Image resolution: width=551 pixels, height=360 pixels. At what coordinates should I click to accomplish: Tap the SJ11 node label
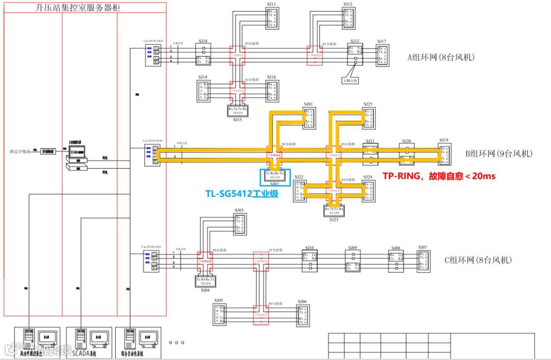[271, 4]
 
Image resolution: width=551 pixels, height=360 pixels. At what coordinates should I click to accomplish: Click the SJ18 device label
[203, 41]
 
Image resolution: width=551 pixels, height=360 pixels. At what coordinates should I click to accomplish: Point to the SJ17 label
[382, 41]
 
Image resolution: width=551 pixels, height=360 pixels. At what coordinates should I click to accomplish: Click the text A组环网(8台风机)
[441, 58]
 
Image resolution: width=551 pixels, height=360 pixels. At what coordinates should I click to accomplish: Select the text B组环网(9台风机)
[499, 153]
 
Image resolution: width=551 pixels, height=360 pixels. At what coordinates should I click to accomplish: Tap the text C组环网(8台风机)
[478, 260]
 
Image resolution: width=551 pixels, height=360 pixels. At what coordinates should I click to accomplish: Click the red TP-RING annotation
[439, 176]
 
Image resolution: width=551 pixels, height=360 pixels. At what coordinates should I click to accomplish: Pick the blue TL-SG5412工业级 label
[242, 193]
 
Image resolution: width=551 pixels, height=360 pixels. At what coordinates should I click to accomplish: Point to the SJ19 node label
[443, 140]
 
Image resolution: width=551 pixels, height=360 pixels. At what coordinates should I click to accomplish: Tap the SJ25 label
[367, 104]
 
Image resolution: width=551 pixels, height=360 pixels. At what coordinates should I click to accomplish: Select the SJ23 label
[334, 219]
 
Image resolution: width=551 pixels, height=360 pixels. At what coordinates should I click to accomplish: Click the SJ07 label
[422, 247]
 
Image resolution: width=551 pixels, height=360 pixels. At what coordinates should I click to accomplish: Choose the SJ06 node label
[303, 301]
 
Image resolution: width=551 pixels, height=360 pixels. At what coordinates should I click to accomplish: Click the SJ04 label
[205, 290]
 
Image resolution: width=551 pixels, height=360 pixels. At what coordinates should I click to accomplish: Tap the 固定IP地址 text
[21, 151]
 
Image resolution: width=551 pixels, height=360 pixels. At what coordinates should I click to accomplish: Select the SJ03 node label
[239, 210]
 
